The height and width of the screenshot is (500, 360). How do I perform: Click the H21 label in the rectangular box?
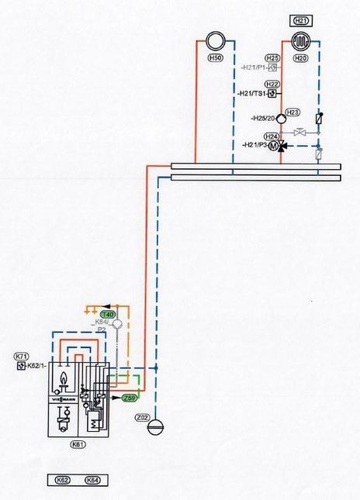pos(302,20)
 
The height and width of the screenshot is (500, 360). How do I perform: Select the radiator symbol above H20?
pos(302,41)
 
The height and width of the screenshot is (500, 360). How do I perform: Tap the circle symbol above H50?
pos(216,41)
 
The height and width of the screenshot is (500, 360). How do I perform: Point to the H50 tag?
pos(216,58)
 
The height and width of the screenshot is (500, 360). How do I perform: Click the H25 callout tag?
pos(272,58)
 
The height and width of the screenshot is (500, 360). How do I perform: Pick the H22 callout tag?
pos(272,84)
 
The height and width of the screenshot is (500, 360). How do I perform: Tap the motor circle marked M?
pos(272,146)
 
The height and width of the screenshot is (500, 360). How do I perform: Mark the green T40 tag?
pos(108,314)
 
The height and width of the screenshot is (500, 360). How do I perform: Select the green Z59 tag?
pos(131,398)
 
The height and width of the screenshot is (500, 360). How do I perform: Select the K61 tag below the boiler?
pos(76,445)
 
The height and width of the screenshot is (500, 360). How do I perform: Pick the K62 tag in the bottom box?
pos(63,481)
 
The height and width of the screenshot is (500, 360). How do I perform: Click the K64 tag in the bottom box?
pos(92,481)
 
